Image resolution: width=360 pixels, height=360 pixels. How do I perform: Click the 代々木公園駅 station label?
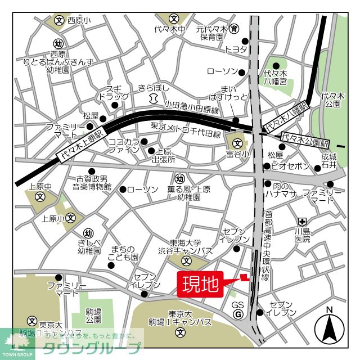[x=307, y=137]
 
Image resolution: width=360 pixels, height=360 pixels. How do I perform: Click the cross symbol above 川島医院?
[x=302, y=222]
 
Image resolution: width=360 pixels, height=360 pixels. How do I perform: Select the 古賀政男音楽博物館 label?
[x=91, y=182]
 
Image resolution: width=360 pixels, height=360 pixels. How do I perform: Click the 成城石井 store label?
[x=329, y=161]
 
